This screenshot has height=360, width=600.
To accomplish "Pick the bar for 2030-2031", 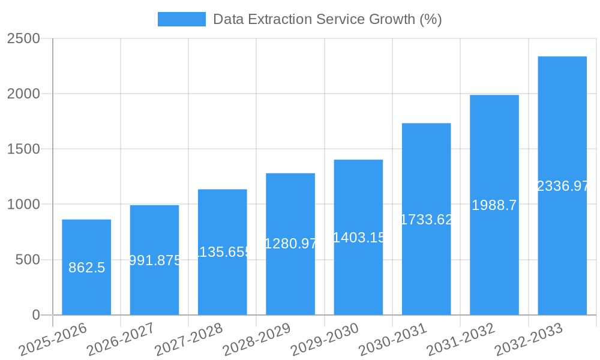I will [426, 270].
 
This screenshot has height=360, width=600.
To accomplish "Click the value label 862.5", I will [87, 268].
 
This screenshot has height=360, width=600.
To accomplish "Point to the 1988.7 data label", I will [494, 205].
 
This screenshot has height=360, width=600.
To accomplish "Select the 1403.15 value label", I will [358, 238].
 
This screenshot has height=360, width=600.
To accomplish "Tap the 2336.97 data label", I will [563, 186].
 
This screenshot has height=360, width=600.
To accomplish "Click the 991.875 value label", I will [155, 260].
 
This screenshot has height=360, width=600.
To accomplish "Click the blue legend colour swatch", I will [181, 19].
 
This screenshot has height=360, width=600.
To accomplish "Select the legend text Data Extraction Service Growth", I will [327, 19].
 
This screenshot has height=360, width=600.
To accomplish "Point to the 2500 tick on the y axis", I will [23, 38].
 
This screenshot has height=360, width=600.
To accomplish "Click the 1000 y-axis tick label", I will [23, 205].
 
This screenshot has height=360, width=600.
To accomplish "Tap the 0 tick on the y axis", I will [35, 315].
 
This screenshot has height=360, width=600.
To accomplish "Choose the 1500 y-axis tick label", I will [23, 149].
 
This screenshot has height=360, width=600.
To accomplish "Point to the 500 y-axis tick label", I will [27, 260].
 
